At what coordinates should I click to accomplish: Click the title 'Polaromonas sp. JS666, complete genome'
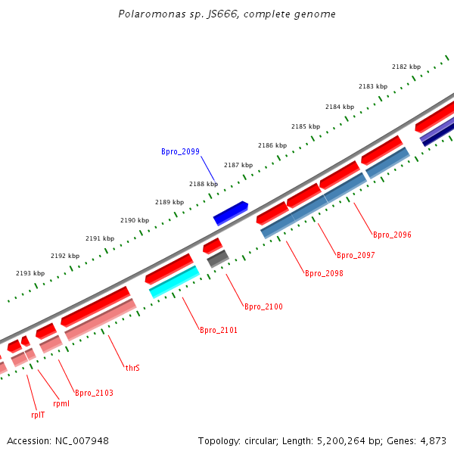227,14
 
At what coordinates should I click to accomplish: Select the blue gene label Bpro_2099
180,151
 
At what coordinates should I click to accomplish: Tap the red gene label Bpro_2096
392,235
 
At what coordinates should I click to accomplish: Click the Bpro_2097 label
356,255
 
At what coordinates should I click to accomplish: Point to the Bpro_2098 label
324,273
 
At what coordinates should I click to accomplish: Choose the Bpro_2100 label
263,306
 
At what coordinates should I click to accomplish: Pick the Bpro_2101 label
219,330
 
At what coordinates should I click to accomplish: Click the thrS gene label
132,368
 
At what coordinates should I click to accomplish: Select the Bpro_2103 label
94,393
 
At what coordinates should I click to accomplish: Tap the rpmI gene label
61,403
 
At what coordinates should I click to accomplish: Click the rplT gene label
38,415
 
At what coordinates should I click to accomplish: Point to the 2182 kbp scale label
406,67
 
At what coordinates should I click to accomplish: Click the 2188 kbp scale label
204,184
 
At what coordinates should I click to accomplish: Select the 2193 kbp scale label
30,273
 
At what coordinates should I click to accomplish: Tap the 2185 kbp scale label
306,126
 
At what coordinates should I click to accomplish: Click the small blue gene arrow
231,213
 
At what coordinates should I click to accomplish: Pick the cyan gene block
174,281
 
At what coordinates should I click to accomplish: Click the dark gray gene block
218,259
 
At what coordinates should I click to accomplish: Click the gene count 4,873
434,440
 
